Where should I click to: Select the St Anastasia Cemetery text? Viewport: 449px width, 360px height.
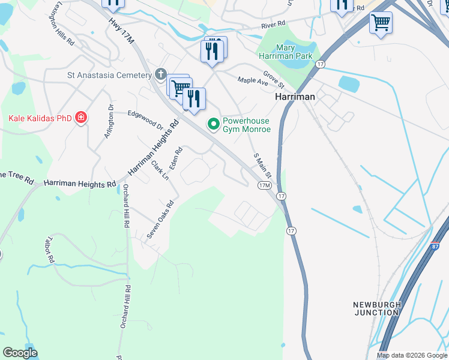tap(109, 75)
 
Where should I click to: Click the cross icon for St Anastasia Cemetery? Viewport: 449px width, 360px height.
tap(160, 74)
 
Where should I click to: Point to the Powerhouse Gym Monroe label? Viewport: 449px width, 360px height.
tap(247, 125)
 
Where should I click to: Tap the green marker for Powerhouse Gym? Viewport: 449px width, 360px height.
tap(212, 125)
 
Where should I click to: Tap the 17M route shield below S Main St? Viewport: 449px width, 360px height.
tap(264, 186)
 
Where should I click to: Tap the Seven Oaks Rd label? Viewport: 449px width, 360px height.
tap(161, 220)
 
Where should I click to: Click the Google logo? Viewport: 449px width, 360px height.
tap(20, 353)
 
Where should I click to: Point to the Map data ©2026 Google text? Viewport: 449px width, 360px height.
tap(411, 355)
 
